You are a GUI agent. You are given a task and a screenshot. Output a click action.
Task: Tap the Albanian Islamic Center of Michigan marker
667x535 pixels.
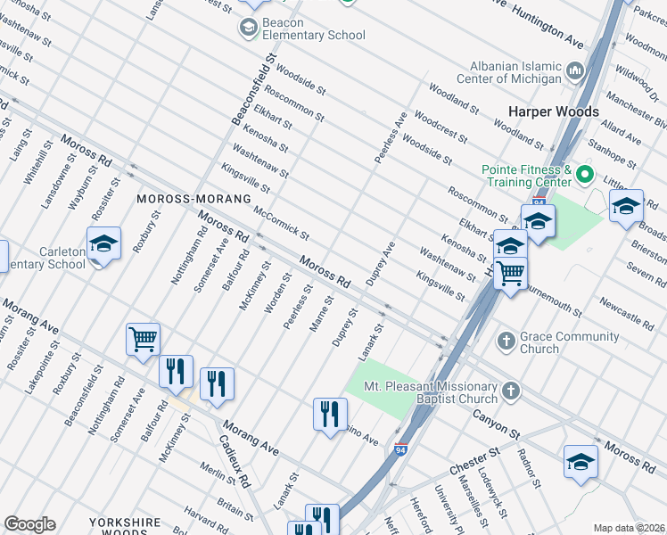coord(574,70)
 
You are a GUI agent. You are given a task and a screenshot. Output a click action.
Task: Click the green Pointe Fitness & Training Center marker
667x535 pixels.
coord(585,174)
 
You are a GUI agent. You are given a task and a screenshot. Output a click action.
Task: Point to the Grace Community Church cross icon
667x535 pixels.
coord(506,341)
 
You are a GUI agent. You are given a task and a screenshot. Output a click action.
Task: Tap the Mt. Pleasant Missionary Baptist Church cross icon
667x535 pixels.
coord(510,391)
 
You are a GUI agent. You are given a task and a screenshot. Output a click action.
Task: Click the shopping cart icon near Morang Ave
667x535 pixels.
coord(143,339)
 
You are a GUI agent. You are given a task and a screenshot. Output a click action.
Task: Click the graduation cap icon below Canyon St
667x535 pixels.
coord(580,461)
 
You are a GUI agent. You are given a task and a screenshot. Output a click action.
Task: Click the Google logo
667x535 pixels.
coord(29,524)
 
